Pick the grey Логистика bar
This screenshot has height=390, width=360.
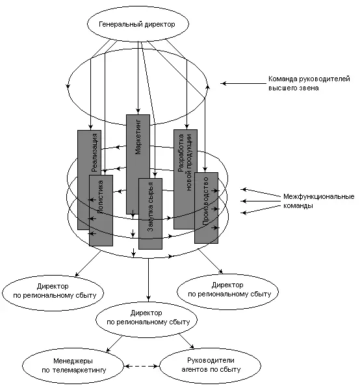pos(101,211)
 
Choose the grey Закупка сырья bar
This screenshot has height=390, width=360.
pos(150,214)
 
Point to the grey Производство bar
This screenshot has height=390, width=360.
pos(207,208)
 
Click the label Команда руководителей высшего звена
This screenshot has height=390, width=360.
pos(309,83)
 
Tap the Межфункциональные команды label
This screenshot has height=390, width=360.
pos(318,201)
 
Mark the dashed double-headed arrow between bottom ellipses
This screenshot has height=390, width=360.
pos(142,366)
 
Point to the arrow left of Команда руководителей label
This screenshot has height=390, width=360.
pos(243,84)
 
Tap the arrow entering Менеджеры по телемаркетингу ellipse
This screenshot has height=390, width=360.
pos(114,344)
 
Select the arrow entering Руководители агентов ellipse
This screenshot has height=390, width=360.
pos(186,341)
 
